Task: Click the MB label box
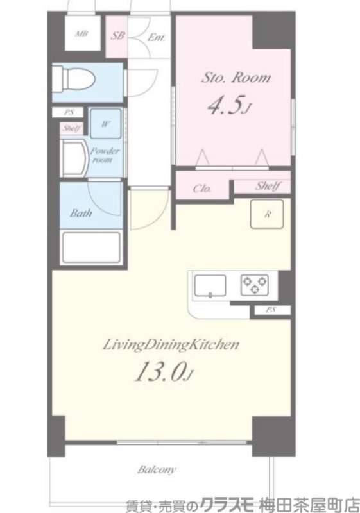[83, 33]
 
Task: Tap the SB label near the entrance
[117, 35]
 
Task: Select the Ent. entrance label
[157, 37]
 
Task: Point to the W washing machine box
[105, 124]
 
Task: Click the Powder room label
[105, 155]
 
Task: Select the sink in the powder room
[76, 158]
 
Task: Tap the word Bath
[80, 214]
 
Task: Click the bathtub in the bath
[91, 248]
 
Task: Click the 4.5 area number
[228, 105]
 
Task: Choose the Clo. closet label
[202, 189]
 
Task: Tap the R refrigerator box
[267, 214]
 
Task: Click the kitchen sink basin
[210, 286]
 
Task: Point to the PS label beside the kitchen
[271, 310]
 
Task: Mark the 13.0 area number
[163, 373]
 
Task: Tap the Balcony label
[157, 470]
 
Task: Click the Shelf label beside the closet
[268, 186]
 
